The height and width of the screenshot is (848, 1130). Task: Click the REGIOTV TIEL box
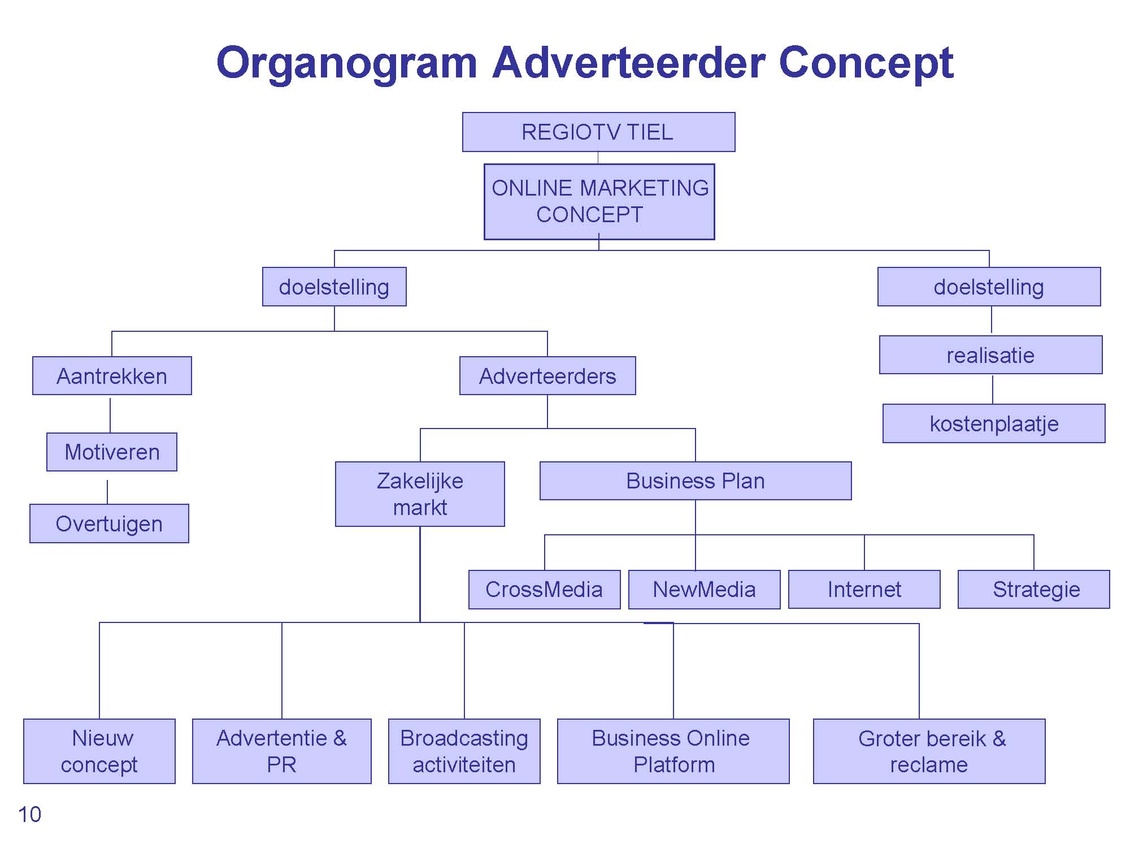598,132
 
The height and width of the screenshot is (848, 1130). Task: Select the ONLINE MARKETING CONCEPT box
599,201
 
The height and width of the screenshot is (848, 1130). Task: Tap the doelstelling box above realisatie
989,287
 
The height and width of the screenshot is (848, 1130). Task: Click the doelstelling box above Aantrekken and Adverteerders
334,287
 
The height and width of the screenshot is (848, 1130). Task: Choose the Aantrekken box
112,375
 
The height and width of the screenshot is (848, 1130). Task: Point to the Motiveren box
112,452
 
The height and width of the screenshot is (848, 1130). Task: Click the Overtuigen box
109,523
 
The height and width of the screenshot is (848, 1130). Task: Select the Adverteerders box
547,375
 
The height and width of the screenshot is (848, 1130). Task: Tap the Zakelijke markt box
420,494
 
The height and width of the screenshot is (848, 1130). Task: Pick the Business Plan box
696,481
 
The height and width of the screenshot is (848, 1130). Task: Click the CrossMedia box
544,589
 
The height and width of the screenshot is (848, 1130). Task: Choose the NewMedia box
704,589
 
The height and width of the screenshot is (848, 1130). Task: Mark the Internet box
864,589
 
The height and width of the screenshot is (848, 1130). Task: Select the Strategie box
1033,589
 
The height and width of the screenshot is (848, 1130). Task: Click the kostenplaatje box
994,423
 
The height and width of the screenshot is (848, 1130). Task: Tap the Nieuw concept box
99,751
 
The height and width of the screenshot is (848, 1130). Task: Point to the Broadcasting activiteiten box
464,751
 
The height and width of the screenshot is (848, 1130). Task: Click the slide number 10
29,815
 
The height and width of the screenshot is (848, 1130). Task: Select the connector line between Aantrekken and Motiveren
110,416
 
